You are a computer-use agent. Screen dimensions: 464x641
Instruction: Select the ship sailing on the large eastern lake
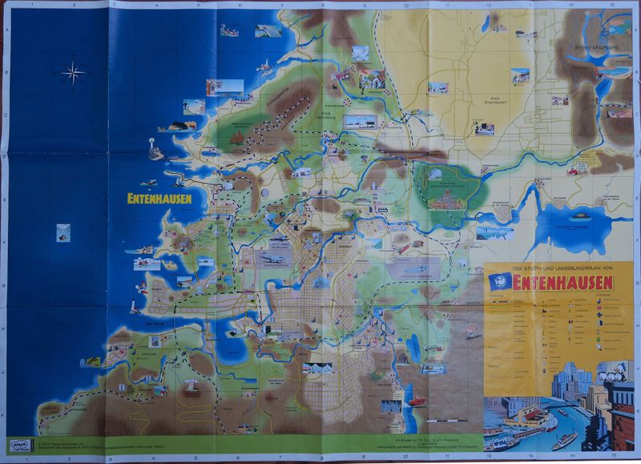pyautogui.click(x=580, y=216)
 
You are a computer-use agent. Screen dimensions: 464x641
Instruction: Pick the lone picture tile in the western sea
pyautogui.click(x=62, y=233)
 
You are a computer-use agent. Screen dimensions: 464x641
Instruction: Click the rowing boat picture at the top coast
pyautogui.click(x=229, y=31)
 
